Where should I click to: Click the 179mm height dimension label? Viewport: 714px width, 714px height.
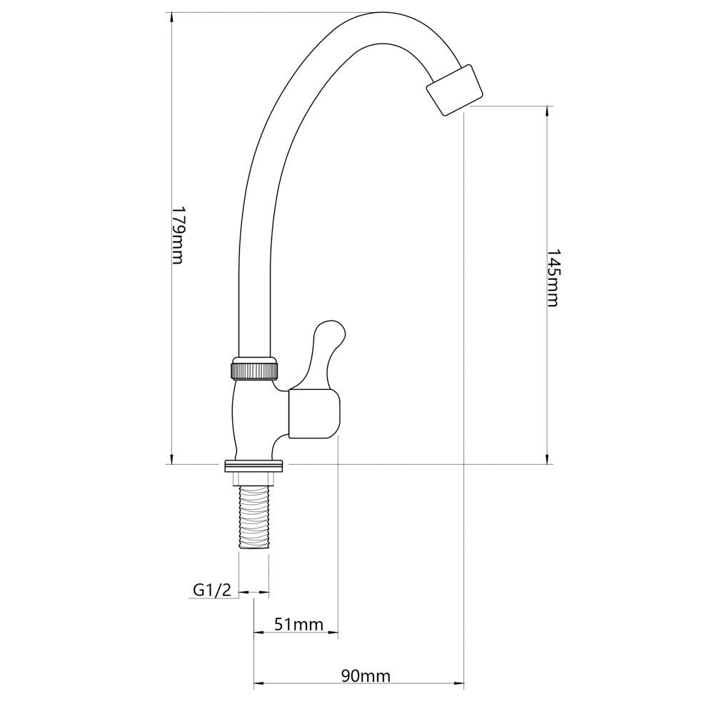pos(177,236)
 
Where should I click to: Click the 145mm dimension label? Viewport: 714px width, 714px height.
pos(553,278)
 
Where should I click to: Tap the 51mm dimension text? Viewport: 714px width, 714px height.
pos(298,623)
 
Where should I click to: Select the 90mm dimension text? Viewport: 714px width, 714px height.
pos(366,675)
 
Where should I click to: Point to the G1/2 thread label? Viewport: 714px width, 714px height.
pos(212,590)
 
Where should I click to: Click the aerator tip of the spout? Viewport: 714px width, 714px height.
pos(454,89)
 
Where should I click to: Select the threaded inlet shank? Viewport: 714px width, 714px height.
pos(254,518)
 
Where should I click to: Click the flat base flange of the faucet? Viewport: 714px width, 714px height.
pos(253,466)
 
